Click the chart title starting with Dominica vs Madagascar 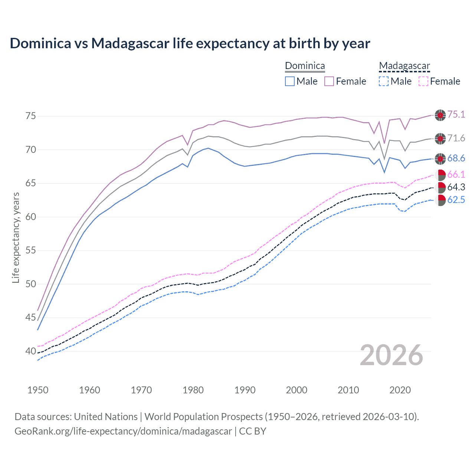(x=190, y=43)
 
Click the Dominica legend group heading (x=305, y=66)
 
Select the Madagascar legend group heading (x=404, y=66)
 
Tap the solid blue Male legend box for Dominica (x=290, y=81)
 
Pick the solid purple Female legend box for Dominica (x=329, y=81)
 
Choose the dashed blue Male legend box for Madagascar (x=384, y=81)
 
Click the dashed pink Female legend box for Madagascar (x=423, y=81)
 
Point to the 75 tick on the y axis (x=30, y=116)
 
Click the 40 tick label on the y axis (x=30, y=351)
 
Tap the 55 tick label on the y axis (x=30, y=250)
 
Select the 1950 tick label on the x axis (x=38, y=390)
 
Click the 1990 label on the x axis (x=245, y=390)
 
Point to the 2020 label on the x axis (x=400, y=390)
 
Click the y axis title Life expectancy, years (x=16, y=237)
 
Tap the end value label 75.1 (x=456, y=115)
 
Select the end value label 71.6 (x=456, y=138)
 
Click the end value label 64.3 (x=456, y=187)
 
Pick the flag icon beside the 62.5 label (x=440, y=200)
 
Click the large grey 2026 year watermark (x=391, y=356)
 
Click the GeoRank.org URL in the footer (x=123, y=431)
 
